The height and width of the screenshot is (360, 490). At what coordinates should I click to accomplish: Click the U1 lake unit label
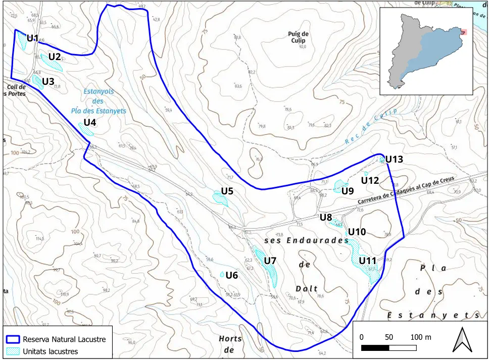pyautogui.click(x=33, y=38)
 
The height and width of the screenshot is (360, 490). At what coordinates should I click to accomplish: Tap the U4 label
pyautogui.click(x=90, y=122)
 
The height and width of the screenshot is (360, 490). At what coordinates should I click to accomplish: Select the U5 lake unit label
pyautogui.click(x=227, y=191)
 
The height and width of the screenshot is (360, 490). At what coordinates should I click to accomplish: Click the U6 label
pyautogui.click(x=232, y=275)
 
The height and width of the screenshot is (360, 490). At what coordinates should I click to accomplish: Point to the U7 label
pyautogui.click(x=271, y=260)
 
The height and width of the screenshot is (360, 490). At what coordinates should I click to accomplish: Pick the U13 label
pyautogui.click(x=394, y=160)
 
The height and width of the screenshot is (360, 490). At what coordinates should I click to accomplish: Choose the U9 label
pyautogui.click(x=348, y=191)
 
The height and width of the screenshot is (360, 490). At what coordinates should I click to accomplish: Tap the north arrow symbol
pyautogui.click(x=461, y=339)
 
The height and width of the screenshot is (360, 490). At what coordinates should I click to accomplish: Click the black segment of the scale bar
pyautogui.click(x=375, y=348)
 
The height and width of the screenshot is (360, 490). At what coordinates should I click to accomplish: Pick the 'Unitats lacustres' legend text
pyautogui.click(x=51, y=351)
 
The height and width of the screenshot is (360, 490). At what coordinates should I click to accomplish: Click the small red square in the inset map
pyautogui.click(x=463, y=32)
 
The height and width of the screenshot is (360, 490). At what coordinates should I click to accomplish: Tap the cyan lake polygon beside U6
pyautogui.click(x=222, y=274)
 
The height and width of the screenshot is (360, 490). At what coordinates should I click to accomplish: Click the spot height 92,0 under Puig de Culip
pyautogui.click(x=303, y=46)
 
